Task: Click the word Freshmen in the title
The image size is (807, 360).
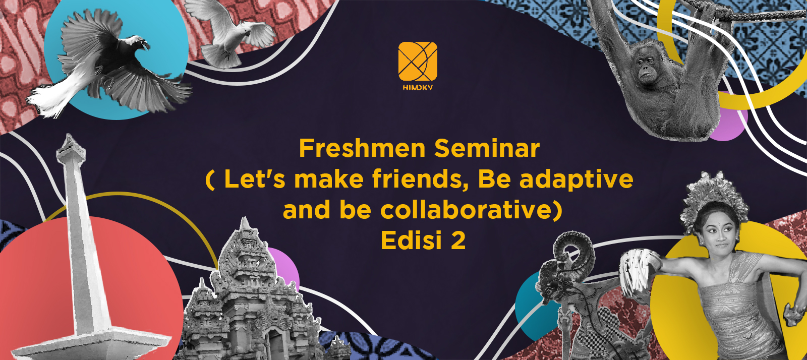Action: pyautogui.click(x=362, y=148)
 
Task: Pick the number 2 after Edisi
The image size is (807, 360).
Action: pyautogui.click(x=458, y=241)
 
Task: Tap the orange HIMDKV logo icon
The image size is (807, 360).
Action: pyautogui.click(x=418, y=61)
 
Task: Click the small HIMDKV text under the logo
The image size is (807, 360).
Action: pyautogui.click(x=418, y=88)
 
